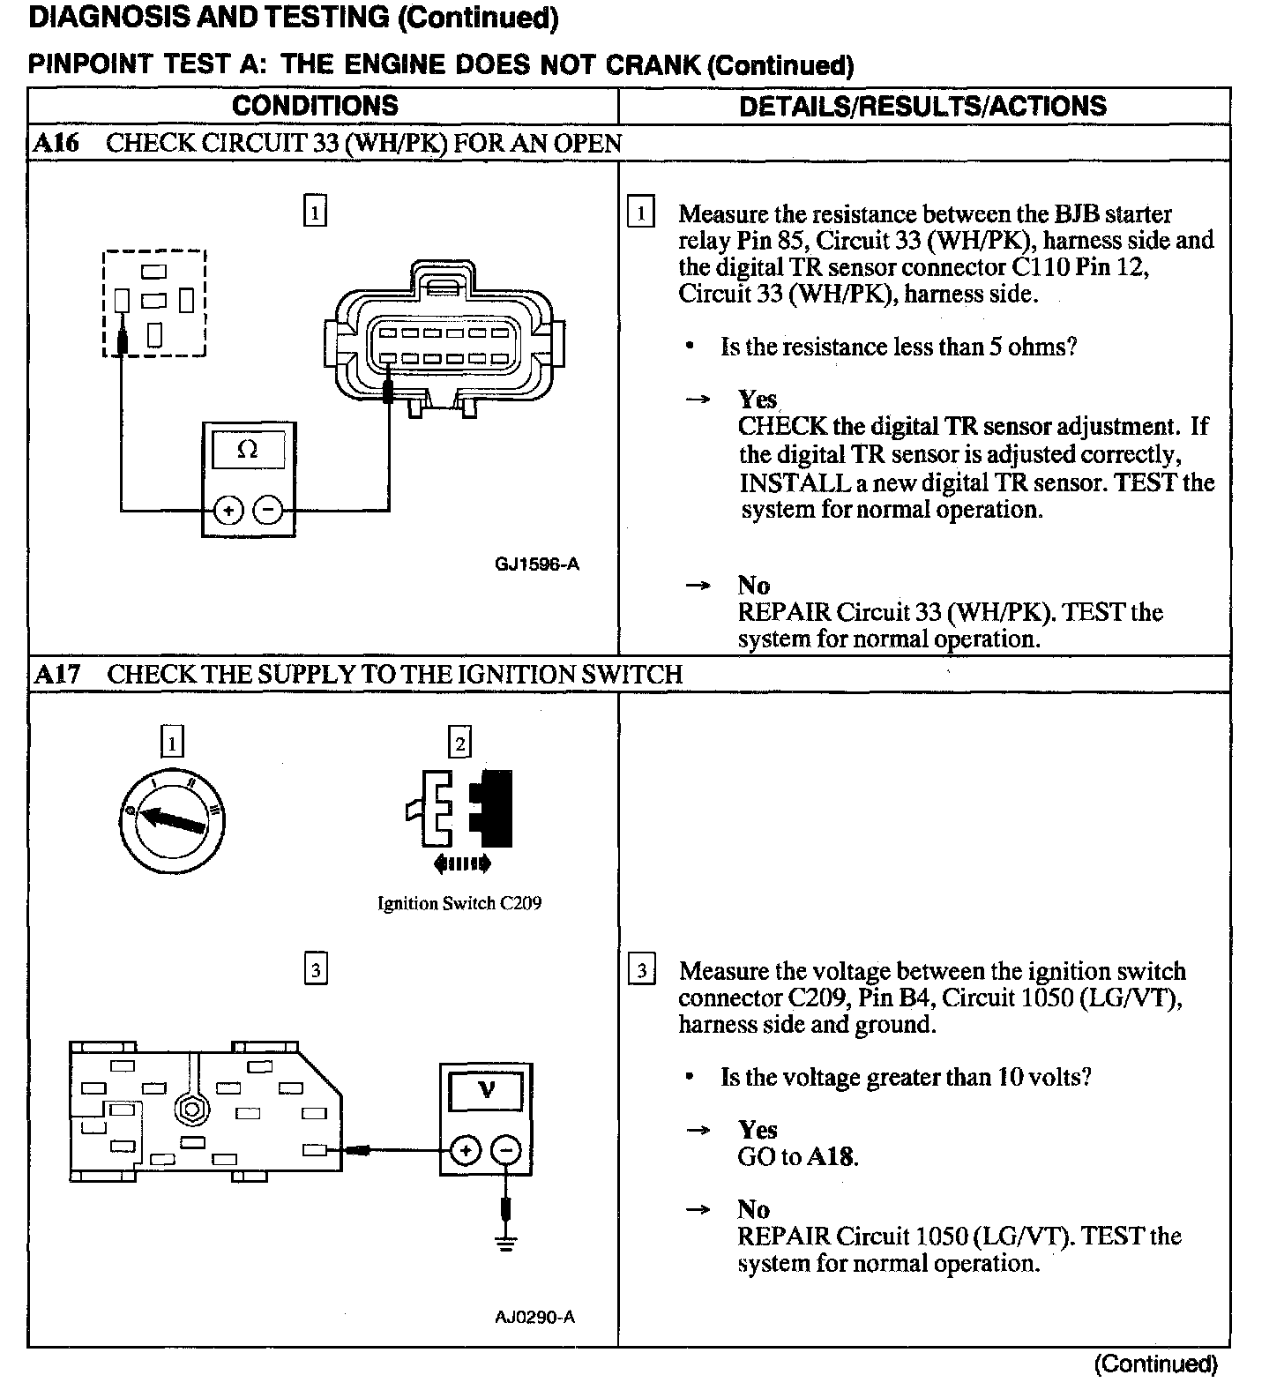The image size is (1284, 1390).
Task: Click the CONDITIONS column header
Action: pos(315,106)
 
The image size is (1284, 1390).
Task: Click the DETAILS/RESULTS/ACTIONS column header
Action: pos(922,106)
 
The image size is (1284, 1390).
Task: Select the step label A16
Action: pos(55,144)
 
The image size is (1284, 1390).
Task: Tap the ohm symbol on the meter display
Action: pos(248,450)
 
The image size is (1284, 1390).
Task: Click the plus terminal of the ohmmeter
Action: pos(228,510)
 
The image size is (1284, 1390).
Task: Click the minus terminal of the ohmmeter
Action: pos(268,510)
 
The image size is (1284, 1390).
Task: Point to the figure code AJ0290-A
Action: pos(534,1318)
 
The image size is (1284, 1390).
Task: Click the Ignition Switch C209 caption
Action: pos(459,903)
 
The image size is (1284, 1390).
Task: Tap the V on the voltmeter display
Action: pos(486,1090)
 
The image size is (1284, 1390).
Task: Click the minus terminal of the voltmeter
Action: pos(505,1150)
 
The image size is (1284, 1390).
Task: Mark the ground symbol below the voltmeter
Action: pos(505,1244)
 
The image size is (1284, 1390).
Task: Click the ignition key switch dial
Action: pos(171,820)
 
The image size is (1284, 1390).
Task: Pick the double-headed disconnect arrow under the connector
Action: pos(462,864)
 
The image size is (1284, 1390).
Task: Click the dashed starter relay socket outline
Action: pos(154,303)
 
